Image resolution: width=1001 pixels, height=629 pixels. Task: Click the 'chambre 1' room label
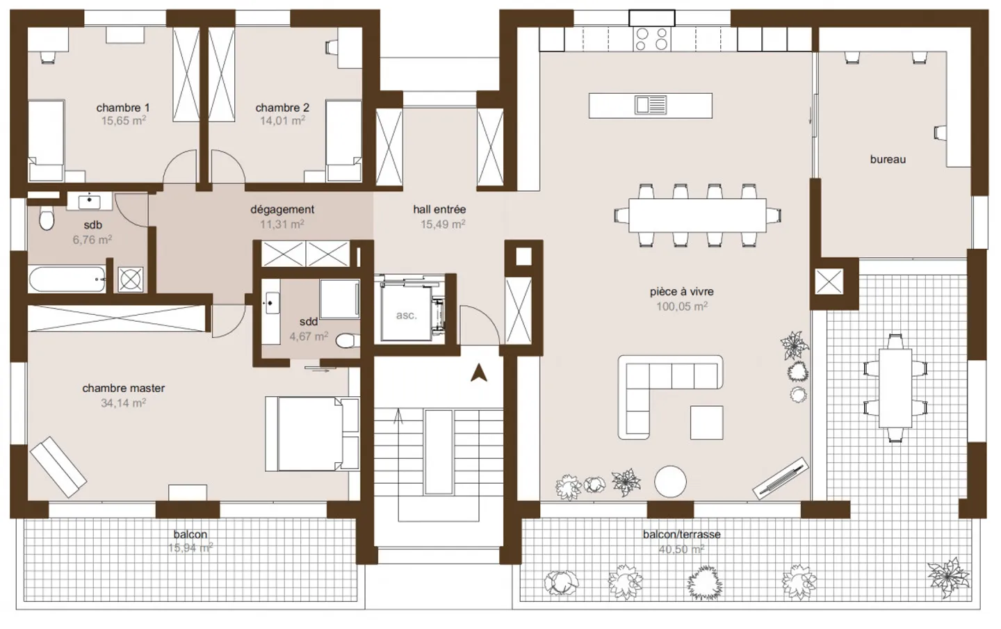123,108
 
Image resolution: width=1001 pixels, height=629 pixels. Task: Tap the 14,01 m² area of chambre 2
282,121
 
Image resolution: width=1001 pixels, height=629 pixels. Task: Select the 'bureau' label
888,159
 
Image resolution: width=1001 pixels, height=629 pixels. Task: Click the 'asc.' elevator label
406,316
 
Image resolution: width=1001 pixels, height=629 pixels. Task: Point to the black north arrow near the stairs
478,373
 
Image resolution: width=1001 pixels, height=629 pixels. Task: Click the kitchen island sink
651,105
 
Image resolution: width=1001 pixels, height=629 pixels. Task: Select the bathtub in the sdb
67,279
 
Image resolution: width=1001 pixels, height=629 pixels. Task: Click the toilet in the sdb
47,218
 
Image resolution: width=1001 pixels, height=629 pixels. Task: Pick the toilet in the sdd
347,341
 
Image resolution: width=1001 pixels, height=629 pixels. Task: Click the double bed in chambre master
312,434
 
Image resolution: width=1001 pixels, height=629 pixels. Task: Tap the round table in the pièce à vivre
670,482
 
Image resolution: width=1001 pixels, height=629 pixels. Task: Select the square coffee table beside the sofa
706,423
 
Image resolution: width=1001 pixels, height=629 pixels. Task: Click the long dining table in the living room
698,215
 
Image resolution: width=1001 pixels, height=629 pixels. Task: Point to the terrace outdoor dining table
895,389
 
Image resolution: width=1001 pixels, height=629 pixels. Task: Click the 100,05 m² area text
681,307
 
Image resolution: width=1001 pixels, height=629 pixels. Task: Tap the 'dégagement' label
282,209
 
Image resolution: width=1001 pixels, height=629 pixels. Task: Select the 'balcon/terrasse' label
681,534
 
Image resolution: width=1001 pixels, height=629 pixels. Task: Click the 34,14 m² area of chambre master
123,403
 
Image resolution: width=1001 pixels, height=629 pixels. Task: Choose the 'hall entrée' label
439,209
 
